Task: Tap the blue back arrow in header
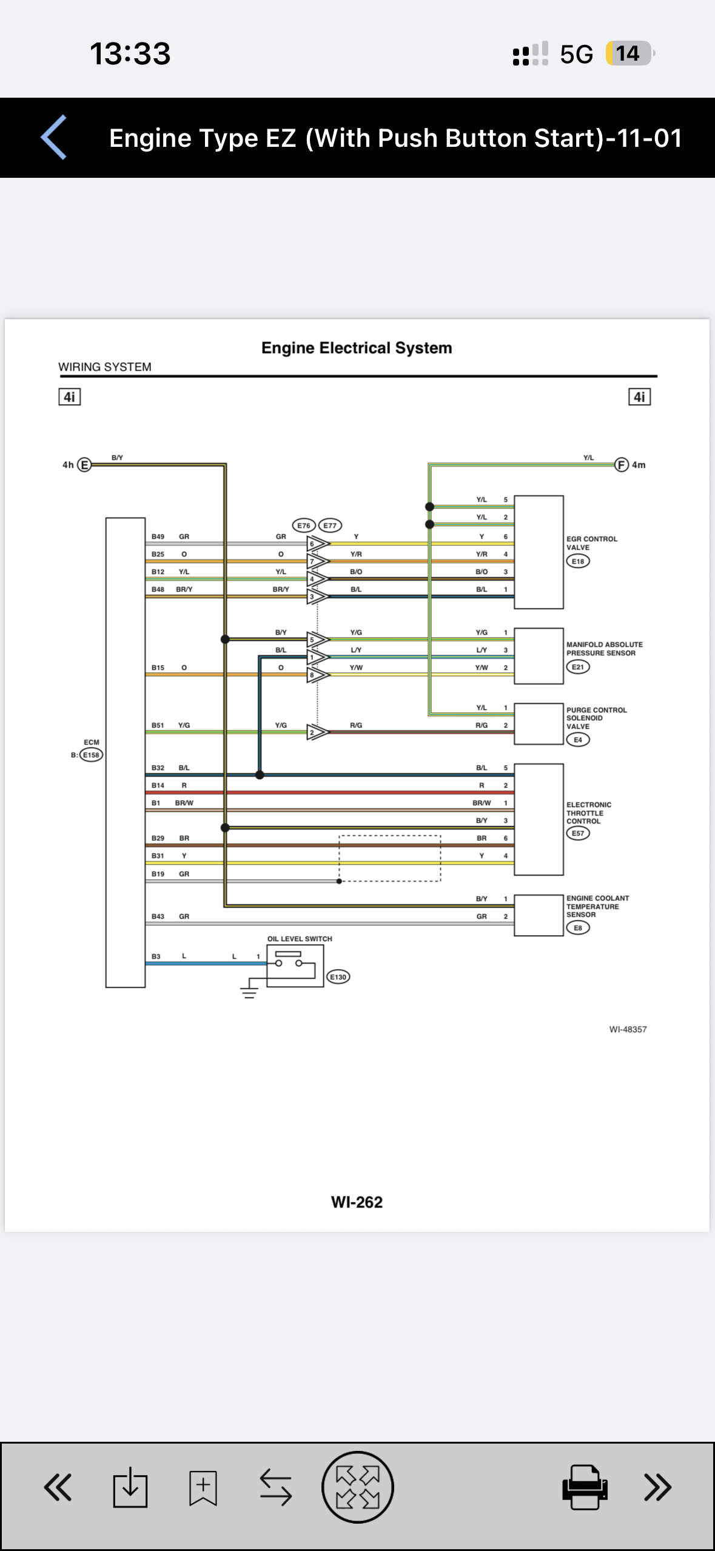[53, 138]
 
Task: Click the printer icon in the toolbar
[585, 1487]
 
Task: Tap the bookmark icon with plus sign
[203, 1487]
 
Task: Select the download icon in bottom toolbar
[130, 1487]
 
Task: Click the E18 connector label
[578, 561]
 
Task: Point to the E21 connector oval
[578, 667]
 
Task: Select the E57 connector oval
[578, 833]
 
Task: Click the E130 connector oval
[338, 977]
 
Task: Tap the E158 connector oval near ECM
[92, 755]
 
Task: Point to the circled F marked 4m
[622, 465]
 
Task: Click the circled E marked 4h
[84, 465]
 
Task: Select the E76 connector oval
[304, 525]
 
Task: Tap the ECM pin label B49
[158, 536]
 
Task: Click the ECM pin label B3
[156, 956]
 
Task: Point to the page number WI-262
[357, 1202]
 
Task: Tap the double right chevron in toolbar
[658, 1487]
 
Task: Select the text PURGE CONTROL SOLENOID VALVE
[596, 718]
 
